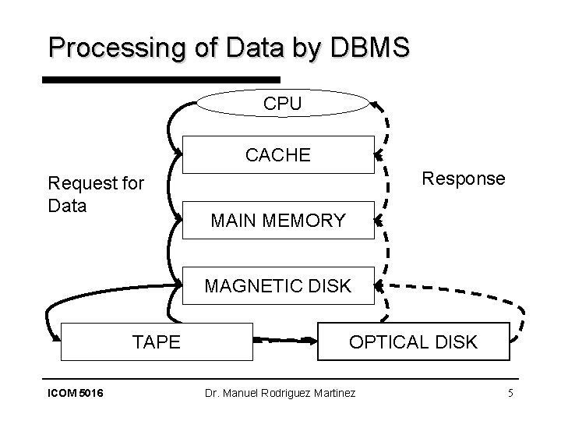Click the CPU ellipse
(281, 103)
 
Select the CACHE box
(277, 154)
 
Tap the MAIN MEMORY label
(277, 221)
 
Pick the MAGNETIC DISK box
(277, 285)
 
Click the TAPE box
(157, 341)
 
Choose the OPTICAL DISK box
(413, 341)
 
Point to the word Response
(463, 179)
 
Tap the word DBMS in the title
(369, 48)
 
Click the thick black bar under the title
(160, 80)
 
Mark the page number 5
(510, 393)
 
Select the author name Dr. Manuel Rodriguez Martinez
(280, 393)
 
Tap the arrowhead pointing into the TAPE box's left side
(57, 337)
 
